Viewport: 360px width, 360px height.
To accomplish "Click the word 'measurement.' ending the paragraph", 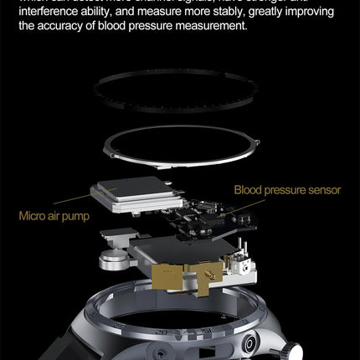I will pos(211,27).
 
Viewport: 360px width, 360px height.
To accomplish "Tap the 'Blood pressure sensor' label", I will pos(287,190).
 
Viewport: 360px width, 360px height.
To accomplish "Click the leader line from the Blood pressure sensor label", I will pos(223,198).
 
